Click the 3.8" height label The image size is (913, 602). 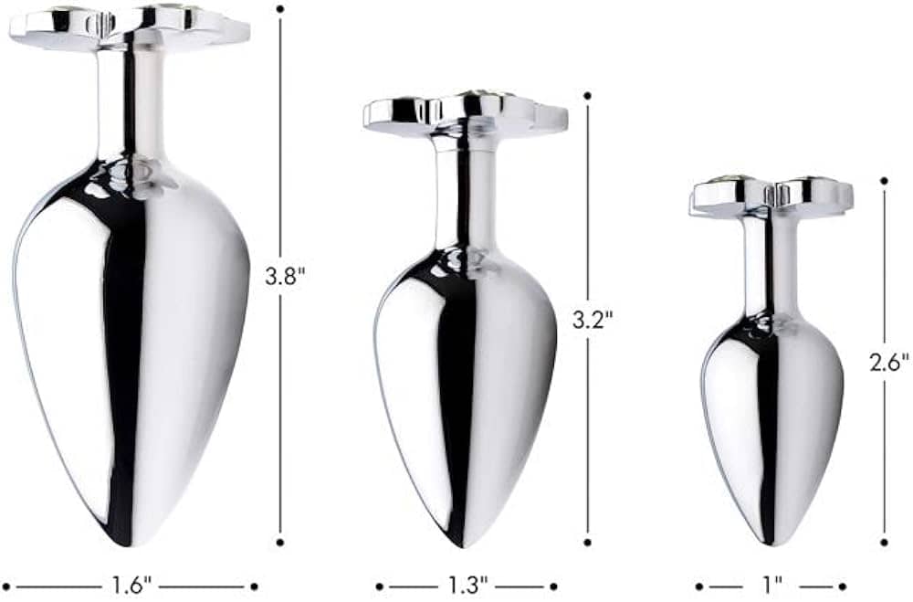[x=285, y=276]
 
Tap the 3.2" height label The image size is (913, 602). [x=593, y=320]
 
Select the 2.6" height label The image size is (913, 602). [x=889, y=363]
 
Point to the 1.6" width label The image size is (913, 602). [x=131, y=585]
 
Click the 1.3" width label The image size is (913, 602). [x=467, y=585]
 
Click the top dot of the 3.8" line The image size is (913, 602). [x=280, y=9]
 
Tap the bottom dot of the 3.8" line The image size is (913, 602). [x=280, y=542]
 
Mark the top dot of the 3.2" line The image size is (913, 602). [x=587, y=95]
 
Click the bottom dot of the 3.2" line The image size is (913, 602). [x=587, y=542]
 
